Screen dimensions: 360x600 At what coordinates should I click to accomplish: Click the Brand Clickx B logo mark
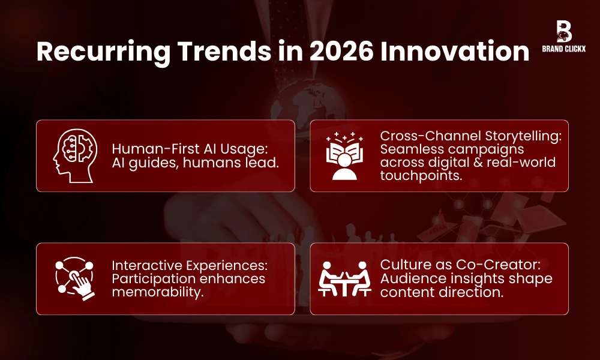click(563, 31)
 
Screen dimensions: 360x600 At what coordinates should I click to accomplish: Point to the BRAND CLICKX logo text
click(564, 50)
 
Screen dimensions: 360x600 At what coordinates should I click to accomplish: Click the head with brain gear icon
click(73, 155)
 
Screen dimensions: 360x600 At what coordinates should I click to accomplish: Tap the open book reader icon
click(344, 156)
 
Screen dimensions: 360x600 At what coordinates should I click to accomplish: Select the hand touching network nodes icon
click(73, 278)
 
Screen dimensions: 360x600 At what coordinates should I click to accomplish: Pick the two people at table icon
click(344, 279)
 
